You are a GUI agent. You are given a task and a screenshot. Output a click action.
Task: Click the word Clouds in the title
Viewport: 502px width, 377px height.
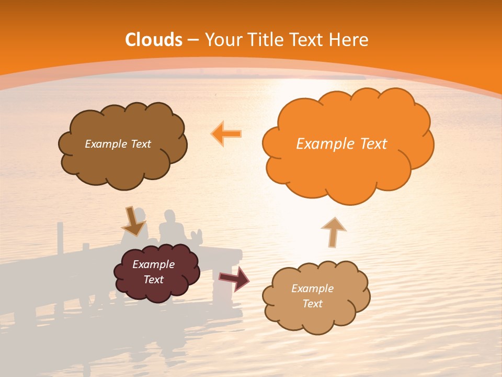coord(154,40)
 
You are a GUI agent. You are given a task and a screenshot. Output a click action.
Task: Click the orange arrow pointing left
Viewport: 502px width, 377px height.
coord(226,134)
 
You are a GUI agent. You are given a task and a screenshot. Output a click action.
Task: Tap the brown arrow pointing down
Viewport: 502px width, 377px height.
coord(133,221)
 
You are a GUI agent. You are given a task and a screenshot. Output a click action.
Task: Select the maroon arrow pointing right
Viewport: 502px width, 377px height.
coord(234,278)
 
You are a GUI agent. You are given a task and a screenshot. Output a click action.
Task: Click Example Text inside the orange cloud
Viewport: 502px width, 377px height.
coord(341,144)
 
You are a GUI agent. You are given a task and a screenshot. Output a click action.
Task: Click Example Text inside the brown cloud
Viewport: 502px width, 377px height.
coord(118,144)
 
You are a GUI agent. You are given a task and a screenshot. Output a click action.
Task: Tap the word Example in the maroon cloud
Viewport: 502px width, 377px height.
coord(153,264)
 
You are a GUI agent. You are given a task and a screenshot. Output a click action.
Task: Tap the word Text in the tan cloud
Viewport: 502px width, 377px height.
coord(312,304)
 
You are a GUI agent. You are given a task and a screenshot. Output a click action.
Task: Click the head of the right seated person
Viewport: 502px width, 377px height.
coord(168,216)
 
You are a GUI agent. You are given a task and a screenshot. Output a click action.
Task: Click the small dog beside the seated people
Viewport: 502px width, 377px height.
coord(197,236)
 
